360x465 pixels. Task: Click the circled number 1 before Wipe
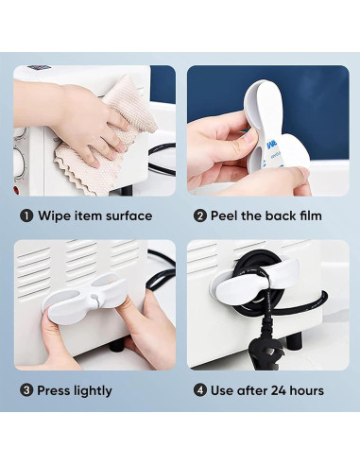(x=26, y=215)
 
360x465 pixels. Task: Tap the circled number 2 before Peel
(x=200, y=215)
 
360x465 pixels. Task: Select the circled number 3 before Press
(x=26, y=390)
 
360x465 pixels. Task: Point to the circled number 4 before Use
(x=200, y=390)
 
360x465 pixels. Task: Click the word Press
(x=57, y=390)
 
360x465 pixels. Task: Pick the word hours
(x=306, y=390)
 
